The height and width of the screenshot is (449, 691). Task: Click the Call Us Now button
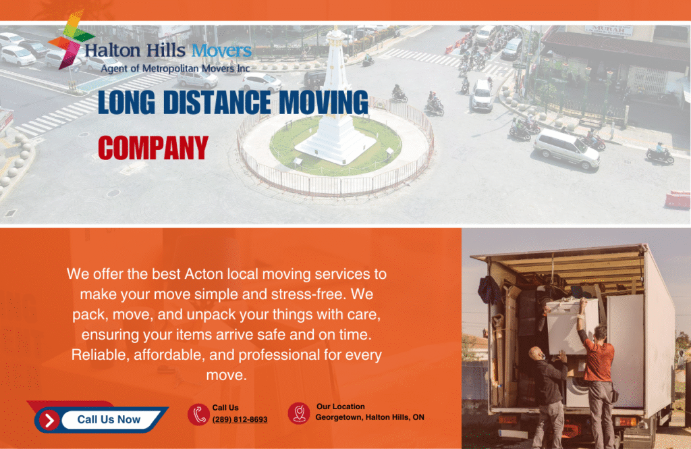coord(108,419)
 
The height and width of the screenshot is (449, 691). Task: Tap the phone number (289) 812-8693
coord(240,419)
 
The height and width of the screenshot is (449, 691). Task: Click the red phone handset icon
coord(198,414)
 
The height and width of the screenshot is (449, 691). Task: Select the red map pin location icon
coord(299,413)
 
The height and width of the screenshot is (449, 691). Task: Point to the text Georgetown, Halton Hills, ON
coord(370,417)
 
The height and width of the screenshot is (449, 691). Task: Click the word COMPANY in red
coord(153,147)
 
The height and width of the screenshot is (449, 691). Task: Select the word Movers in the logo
coord(221,50)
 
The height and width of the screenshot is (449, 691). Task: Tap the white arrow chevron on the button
coord(49,420)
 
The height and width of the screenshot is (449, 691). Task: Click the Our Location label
coord(340,406)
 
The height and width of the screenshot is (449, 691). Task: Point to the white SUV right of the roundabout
coord(567,149)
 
